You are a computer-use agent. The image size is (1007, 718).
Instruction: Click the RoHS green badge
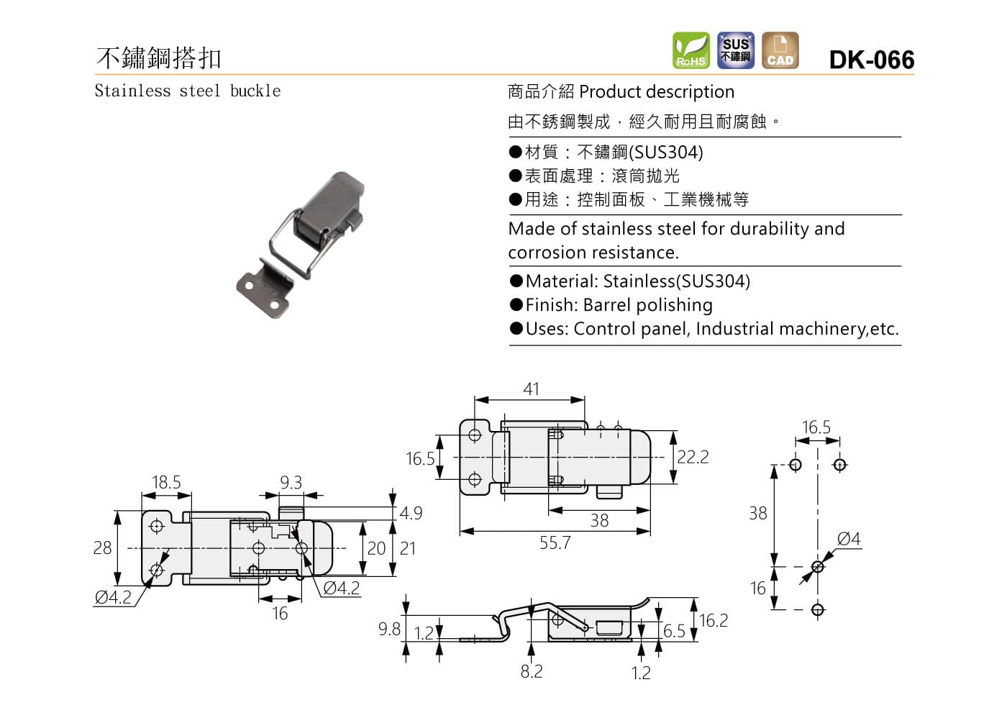click(691, 50)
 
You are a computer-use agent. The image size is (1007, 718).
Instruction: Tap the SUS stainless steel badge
click(736, 50)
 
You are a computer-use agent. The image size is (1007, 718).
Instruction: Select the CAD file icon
click(780, 50)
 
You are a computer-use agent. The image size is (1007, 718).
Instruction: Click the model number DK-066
click(871, 60)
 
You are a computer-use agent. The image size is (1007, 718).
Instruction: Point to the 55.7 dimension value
click(555, 543)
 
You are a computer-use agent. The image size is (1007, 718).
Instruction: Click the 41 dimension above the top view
click(531, 389)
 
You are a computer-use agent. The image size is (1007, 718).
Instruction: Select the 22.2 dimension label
click(693, 458)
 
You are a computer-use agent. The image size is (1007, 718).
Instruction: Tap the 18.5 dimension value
click(166, 482)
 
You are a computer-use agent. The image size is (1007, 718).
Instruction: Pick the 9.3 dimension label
click(291, 482)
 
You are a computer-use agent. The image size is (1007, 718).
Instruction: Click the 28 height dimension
click(103, 548)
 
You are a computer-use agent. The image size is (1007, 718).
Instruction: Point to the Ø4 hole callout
click(849, 539)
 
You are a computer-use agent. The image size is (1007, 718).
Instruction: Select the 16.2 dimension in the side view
click(713, 620)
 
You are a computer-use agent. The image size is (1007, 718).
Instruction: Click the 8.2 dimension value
click(532, 671)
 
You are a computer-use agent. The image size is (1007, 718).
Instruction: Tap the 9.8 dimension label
click(389, 630)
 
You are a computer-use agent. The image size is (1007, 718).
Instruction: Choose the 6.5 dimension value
click(674, 631)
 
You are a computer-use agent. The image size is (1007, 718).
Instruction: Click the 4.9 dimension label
click(411, 513)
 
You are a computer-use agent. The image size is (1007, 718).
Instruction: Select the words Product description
click(656, 92)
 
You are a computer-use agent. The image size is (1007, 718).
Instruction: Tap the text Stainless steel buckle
click(188, 91)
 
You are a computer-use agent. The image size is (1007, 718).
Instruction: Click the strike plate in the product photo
click(263, 288)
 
